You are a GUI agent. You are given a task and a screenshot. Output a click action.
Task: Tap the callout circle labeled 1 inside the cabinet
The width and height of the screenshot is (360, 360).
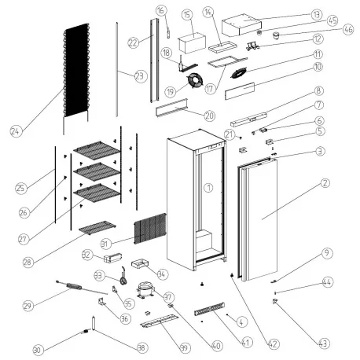208,188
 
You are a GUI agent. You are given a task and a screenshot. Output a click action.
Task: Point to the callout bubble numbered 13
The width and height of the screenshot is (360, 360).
316,15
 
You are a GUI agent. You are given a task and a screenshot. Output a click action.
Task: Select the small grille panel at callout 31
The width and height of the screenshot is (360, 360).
149,229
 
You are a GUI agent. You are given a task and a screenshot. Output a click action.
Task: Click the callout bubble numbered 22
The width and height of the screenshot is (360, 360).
133,41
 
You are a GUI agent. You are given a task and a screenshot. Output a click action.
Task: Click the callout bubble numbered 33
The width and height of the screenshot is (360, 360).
99,276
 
